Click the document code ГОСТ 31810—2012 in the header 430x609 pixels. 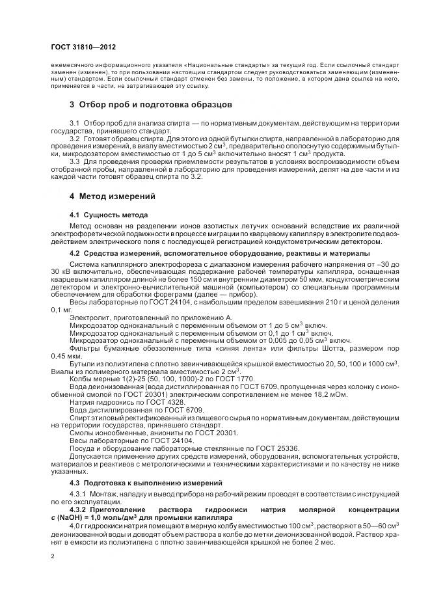point(84,47)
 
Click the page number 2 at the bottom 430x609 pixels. point(53,556)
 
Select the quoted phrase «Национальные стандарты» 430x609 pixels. point(219,66)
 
